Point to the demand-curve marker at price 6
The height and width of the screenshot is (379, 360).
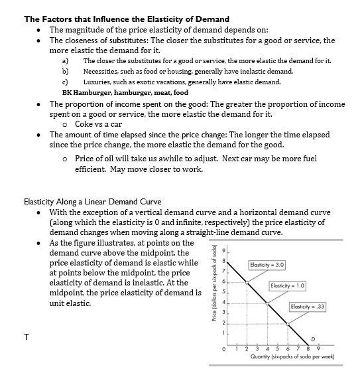247,281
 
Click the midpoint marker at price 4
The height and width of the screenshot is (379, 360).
267,303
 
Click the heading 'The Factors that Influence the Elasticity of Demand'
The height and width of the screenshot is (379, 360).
127,19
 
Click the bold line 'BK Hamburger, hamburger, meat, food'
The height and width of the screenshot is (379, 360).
125,93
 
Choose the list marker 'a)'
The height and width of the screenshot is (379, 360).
65,60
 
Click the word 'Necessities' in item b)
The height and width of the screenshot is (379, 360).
99,71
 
